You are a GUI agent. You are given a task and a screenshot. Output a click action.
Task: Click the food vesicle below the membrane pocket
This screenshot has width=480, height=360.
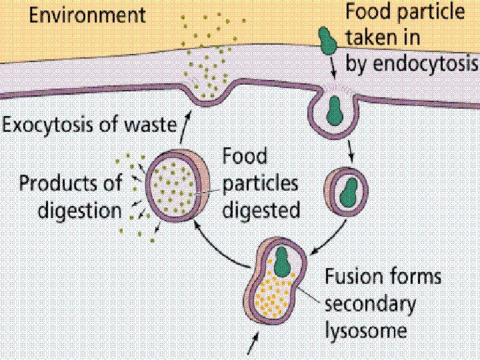345,190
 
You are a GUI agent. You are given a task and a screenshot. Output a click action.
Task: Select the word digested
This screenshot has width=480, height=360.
261,210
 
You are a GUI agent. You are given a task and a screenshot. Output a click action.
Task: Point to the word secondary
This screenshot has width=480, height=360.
371,303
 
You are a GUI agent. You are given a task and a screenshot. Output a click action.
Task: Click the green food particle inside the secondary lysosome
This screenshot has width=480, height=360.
283,261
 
